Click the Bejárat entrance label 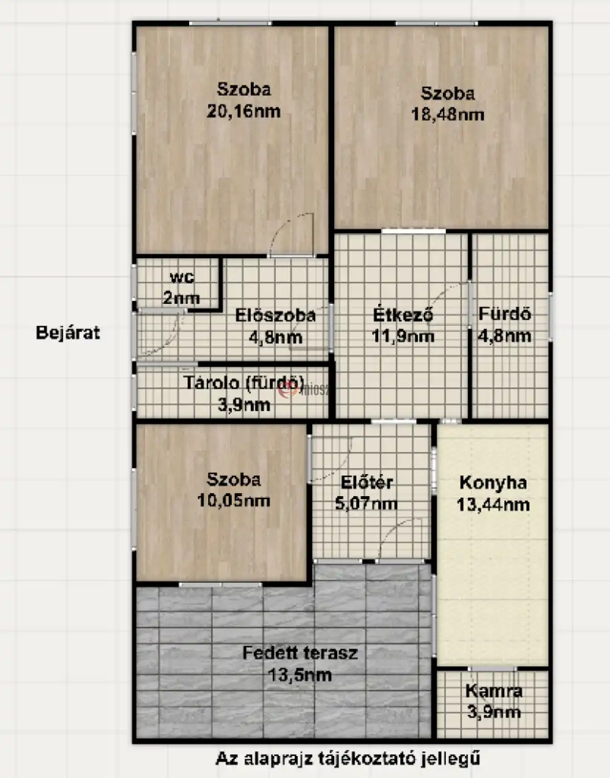click(x=68, y=333)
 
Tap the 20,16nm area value click(x=243, y=112)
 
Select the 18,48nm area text click(x=448, y=115)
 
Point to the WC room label click(x=182, y=278)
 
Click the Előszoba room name click(x=276, y=316)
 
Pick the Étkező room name click(x=403, y=314)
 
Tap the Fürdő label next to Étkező click(x=504, y=314)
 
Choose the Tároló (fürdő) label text click(x=243, y=383)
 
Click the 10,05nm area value click(x=234, y=500)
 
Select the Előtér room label click(x=367, y=482)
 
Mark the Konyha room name click(x=493, y=483)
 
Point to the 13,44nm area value click(x=493, y=505)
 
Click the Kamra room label click(x=493, y=691)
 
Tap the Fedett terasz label click(x=300, y=653)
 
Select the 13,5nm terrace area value click(x=300, y=675)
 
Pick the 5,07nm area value click(x=366, y=504)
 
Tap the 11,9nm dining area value click(x=403, y=336)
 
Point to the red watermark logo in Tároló click(x=288, y=391)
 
